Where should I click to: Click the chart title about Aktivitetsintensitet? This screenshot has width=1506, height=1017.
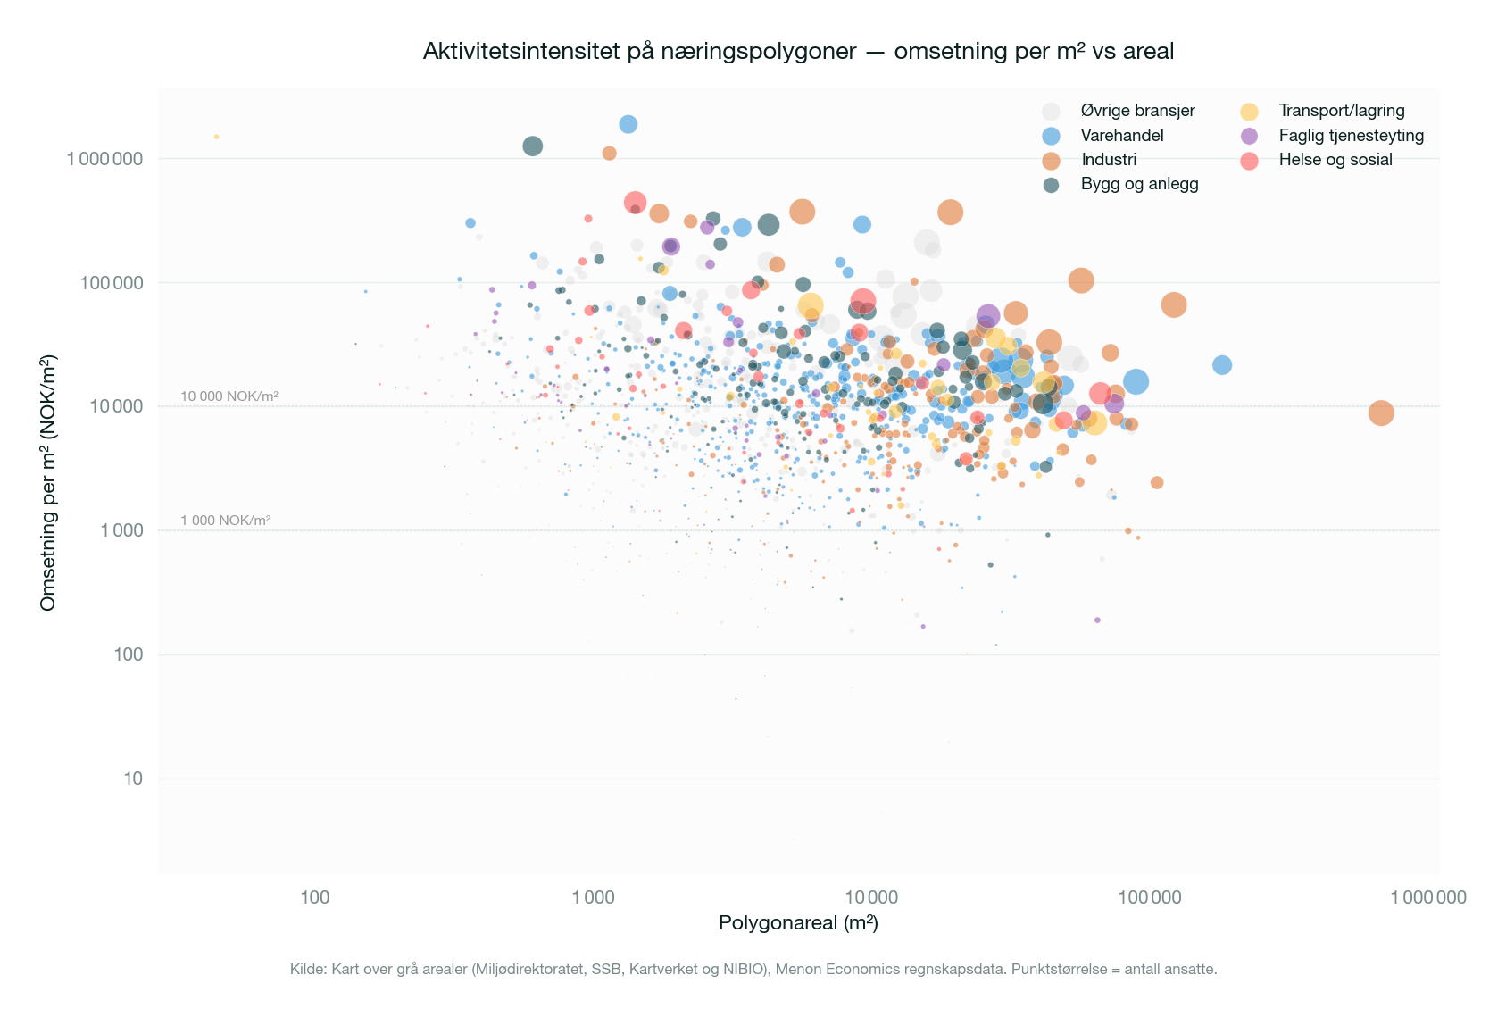[797, 52]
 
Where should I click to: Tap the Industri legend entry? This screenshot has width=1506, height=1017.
[1109, 160]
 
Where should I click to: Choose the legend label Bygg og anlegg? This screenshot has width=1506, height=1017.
[1139, 184]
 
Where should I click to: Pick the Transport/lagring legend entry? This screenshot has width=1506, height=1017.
[1341, 111]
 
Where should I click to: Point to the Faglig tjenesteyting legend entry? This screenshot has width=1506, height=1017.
[1351, 136]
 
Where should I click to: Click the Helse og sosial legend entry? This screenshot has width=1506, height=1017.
[1335, 160]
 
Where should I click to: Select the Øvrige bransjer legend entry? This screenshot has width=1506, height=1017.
[1137, 111]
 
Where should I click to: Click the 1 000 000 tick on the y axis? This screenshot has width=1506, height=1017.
[104, 159]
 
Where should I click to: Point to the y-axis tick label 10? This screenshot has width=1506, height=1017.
[133, 779]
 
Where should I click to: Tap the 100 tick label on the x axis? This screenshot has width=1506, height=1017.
[314, 897]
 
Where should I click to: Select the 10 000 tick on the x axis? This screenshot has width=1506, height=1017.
[870, 897]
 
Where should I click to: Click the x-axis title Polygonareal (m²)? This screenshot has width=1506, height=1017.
[798, 923]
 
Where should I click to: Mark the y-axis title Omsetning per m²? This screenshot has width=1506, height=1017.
[48, 482]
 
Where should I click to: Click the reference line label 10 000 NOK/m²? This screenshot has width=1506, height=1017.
[229, 396]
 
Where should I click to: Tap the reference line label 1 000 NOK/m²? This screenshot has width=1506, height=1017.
[225, 521]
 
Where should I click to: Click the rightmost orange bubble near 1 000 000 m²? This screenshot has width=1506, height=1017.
[1380, 413]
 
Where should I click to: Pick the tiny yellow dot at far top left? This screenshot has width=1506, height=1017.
[216, 137]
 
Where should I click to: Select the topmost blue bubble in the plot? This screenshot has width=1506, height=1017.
[628, 124]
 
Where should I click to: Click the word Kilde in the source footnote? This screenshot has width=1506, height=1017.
[307, 969]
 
